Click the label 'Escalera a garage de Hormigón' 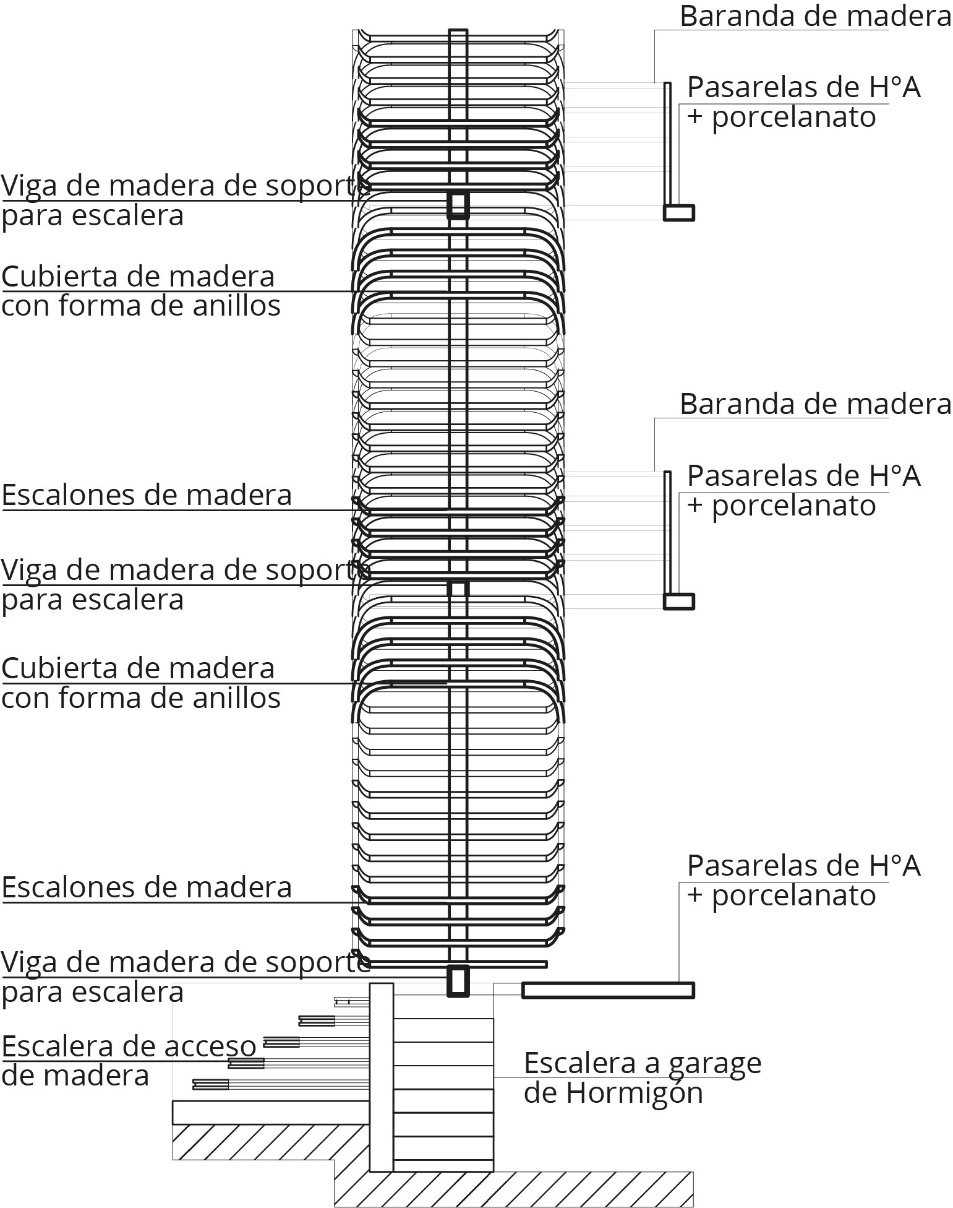tap(643, 1078)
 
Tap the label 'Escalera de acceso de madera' tap(129, 1061)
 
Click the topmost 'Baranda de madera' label tap(815, 16)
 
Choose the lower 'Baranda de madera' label tap(815, 404)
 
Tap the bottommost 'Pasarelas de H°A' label tap(804, 865)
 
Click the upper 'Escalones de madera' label tap(147, 495)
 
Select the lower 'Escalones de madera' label tap(147, 887)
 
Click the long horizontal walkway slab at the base tap(609, 990)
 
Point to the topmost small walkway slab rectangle tap(679, 212)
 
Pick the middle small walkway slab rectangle tap(679, 601)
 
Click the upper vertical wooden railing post tap(667, 144)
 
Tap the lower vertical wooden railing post tap(667, 532)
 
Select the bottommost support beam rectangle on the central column tap(458, 981)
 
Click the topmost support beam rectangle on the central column tap(458, 205)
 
